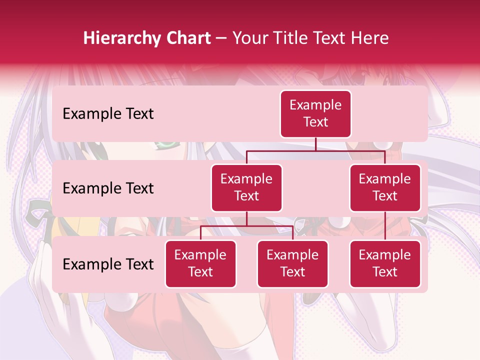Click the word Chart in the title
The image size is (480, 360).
189,38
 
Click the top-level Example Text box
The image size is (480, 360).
315,114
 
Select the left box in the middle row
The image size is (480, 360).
246,188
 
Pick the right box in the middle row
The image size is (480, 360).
385,188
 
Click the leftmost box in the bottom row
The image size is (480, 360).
200,264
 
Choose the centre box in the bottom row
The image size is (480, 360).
292,264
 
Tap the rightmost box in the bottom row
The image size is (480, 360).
385,264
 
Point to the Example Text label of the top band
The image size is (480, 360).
108,114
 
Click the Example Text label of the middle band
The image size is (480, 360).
108,188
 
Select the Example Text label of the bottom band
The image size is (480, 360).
108,264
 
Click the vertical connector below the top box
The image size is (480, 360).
315,144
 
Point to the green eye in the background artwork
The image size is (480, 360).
166,145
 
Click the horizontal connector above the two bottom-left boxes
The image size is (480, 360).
246,226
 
